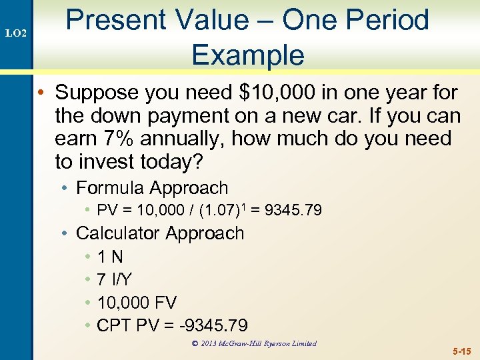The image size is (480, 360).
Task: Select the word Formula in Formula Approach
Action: point(111,189)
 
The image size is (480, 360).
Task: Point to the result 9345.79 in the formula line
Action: point(293,211)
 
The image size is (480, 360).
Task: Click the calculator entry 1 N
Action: point(110,257)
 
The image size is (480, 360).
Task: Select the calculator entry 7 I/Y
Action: point(114,280)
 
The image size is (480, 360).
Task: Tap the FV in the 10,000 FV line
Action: point(165,303)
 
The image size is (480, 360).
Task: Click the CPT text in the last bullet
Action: point(114,325)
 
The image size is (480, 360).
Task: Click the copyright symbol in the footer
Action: point(195,344)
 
